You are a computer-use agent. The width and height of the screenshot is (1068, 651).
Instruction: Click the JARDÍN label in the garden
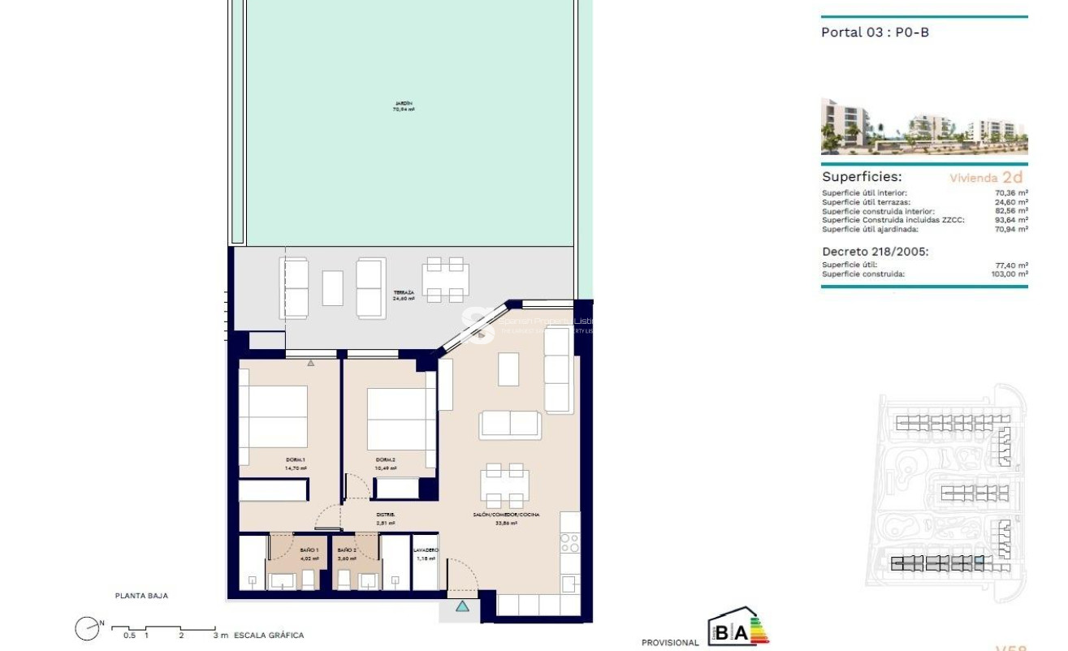click(x=404, y=103)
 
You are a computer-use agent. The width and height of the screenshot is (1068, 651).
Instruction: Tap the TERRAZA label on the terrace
click(x=404, y=292)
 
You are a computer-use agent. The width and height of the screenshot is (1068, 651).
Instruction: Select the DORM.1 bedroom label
click(x=273, y=460)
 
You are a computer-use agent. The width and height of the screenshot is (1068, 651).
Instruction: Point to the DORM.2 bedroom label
click(x=386, y=460)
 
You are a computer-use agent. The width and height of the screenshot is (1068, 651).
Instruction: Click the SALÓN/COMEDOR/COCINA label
click(x=506, y=515)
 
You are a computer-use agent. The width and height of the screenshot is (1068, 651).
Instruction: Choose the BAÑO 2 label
click(x=347, y=550)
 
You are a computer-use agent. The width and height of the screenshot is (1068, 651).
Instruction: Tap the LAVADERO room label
click(x=426, y=550)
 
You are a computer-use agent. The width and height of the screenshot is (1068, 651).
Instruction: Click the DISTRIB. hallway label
click(x=386, y=515)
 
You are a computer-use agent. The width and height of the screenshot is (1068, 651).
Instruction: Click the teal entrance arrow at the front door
click(x=462, y=606)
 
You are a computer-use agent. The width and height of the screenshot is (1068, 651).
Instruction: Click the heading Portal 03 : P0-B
click(x=875, y=32)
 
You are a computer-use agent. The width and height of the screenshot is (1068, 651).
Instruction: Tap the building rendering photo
click(x=923, y=127)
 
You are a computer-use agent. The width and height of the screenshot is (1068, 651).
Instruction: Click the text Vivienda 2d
click(x=986, y=177)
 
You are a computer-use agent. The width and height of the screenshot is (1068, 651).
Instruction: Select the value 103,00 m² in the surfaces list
click(x=1010, y=274)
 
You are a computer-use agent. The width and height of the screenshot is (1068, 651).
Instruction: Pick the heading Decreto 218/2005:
click(x=875, y=252)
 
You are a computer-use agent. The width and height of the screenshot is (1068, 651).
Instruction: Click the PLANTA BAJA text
click(x=141, y=596)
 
